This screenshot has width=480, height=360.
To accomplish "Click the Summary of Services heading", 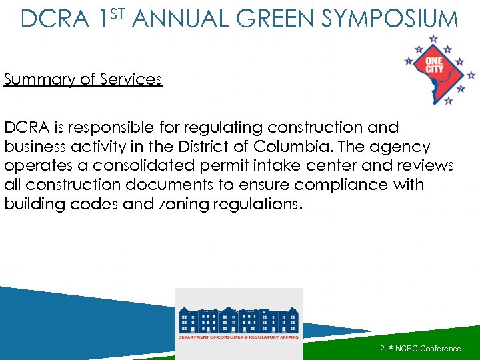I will point(83,79).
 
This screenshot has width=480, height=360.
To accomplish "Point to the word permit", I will point(237,165).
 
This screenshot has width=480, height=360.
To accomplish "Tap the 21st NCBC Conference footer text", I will point(420,349).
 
